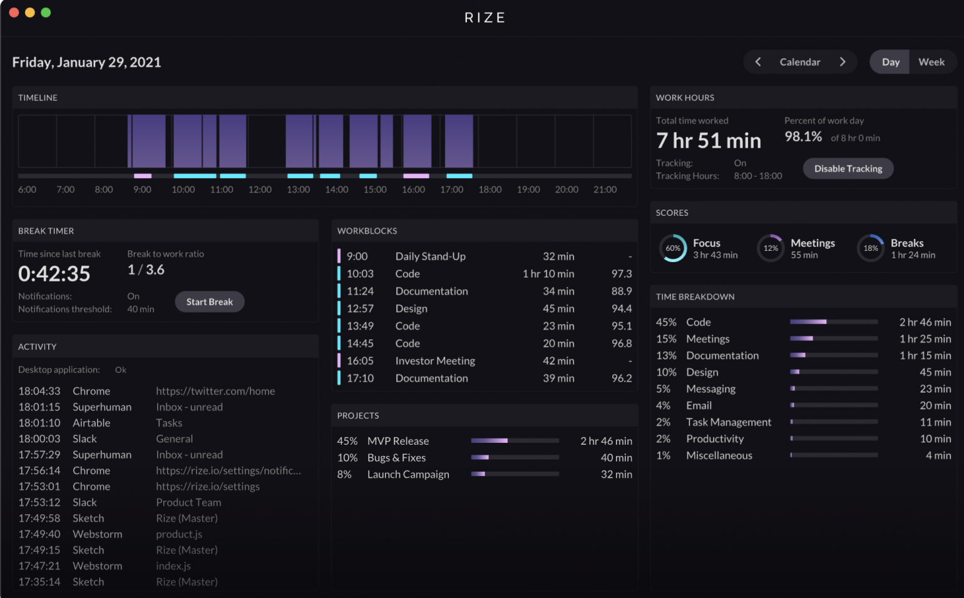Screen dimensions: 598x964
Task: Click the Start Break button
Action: pos(210,302)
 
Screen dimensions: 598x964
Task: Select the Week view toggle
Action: pos(931,62)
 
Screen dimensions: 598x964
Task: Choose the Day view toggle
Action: pos(890,62)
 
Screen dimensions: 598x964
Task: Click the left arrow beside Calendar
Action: pos(758,62)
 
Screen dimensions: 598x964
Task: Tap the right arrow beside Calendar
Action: pos(843,62)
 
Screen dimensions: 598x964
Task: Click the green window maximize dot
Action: pos(46,13)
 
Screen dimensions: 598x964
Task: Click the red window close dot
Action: pos(14,13)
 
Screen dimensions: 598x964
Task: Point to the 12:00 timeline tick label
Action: pos(260,190)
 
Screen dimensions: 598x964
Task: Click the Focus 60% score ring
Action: pos(673,248)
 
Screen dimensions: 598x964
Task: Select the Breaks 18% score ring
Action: pos(871,248)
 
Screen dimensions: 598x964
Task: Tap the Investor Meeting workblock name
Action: pos(435,361)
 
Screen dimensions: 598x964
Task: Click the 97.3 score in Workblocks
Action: pos(621,274)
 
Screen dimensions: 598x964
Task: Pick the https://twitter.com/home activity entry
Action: pos(215,391)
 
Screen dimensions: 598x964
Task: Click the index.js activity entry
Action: pos(173,566)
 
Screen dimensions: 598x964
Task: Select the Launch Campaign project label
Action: pos(408,475)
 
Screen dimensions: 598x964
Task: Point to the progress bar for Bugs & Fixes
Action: pos(515,458)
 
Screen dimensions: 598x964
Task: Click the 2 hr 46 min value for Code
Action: pos(925,322)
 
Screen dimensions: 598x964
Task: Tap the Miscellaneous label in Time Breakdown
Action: pos(719,455)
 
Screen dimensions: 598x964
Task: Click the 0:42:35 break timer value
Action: pos(54,274)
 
